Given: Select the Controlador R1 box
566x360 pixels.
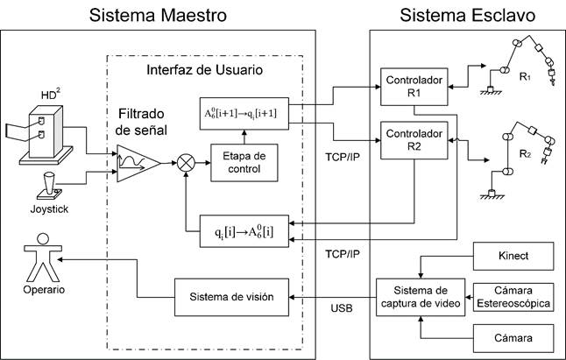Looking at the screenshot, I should (414, 85).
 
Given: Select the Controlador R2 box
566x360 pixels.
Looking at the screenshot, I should (414, 141).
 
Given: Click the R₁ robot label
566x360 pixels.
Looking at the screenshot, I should (526, 77).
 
